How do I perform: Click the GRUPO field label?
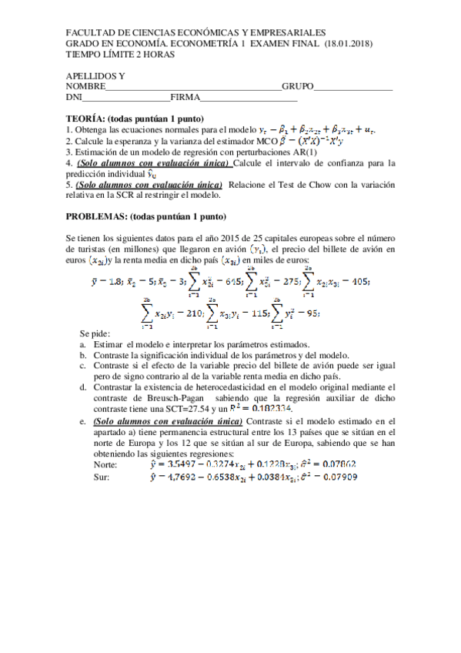point(298,87)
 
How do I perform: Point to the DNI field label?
point(74,98)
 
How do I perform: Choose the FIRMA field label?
point(185,98)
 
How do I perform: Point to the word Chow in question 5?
point(278,185)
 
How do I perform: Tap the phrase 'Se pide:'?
point(98,333)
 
